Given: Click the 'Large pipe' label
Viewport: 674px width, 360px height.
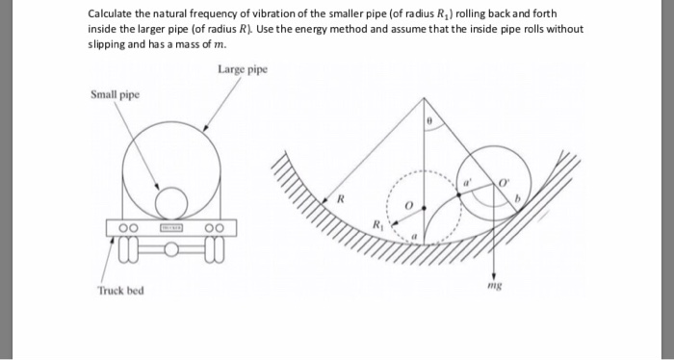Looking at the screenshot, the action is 243,70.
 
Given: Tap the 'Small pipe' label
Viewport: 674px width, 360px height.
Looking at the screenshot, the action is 115,94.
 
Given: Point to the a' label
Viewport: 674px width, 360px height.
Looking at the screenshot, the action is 470,180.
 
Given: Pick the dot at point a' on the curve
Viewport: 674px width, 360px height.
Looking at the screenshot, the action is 458,193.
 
